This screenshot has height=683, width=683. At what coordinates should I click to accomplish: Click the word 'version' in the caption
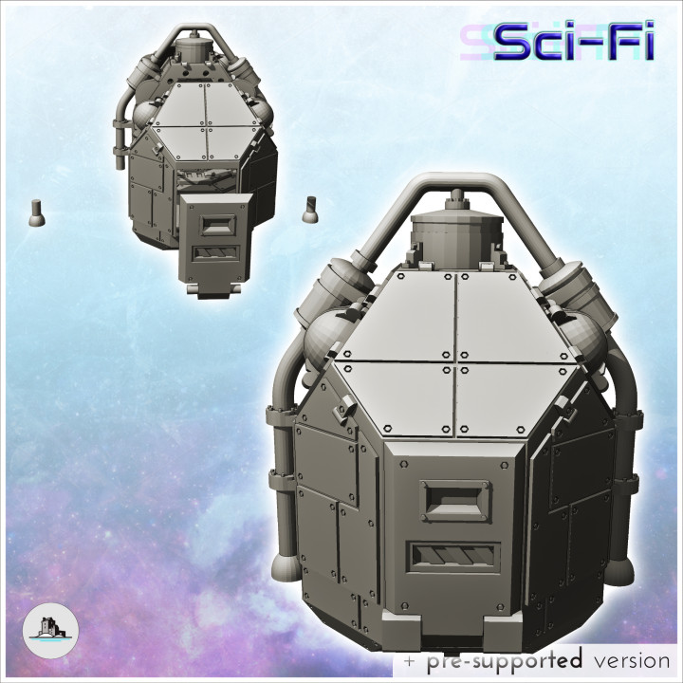(627, 660)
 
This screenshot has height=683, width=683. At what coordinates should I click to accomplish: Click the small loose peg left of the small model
(37, 211)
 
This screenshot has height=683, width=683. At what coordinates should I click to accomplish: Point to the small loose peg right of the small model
(308, 210)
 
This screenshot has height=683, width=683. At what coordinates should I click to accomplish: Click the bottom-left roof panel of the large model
(394, 391)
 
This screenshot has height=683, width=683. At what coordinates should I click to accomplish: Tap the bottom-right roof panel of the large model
(513, 392)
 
